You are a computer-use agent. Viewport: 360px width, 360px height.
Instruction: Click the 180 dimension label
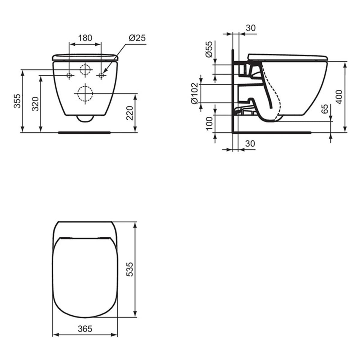85,38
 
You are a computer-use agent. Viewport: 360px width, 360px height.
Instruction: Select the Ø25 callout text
137,38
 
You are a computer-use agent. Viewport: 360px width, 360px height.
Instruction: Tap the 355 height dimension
17,101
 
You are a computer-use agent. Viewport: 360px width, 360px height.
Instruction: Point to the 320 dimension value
35,104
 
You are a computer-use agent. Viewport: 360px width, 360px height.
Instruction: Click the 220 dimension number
130,113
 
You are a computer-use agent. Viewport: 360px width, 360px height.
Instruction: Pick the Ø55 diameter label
209,49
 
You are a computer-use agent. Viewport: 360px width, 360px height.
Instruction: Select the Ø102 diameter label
194,94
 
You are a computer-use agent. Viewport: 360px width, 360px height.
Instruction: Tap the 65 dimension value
325,109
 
